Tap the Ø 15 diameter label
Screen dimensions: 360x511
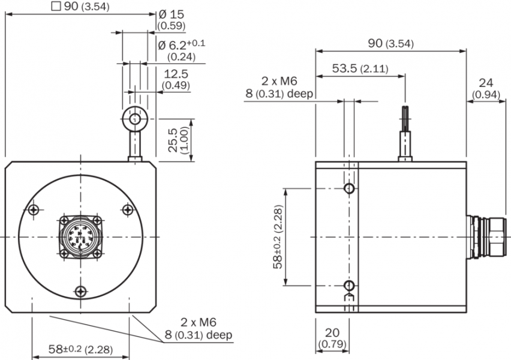[x=170, y=14]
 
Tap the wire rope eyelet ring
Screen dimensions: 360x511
[x=133, y=118]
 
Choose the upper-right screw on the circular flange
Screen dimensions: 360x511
[x=127, y=209]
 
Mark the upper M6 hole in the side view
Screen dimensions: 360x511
[x=349, y=190]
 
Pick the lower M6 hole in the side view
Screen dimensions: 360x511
[x=349, y=284]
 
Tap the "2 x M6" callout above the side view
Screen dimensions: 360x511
[x=279, y=82]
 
